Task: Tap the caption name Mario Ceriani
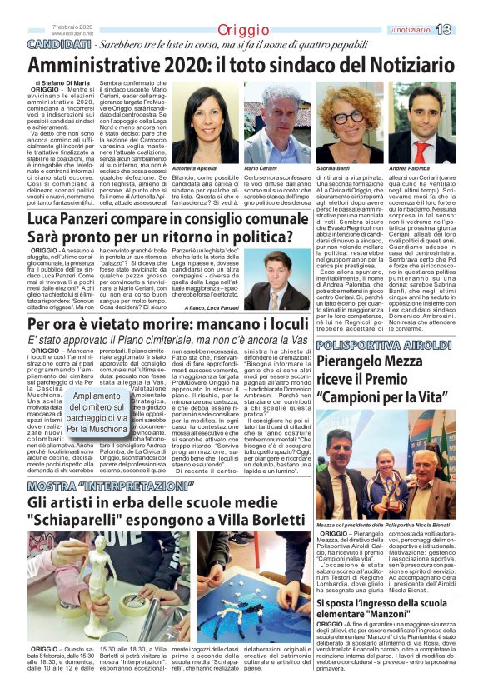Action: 261,168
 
